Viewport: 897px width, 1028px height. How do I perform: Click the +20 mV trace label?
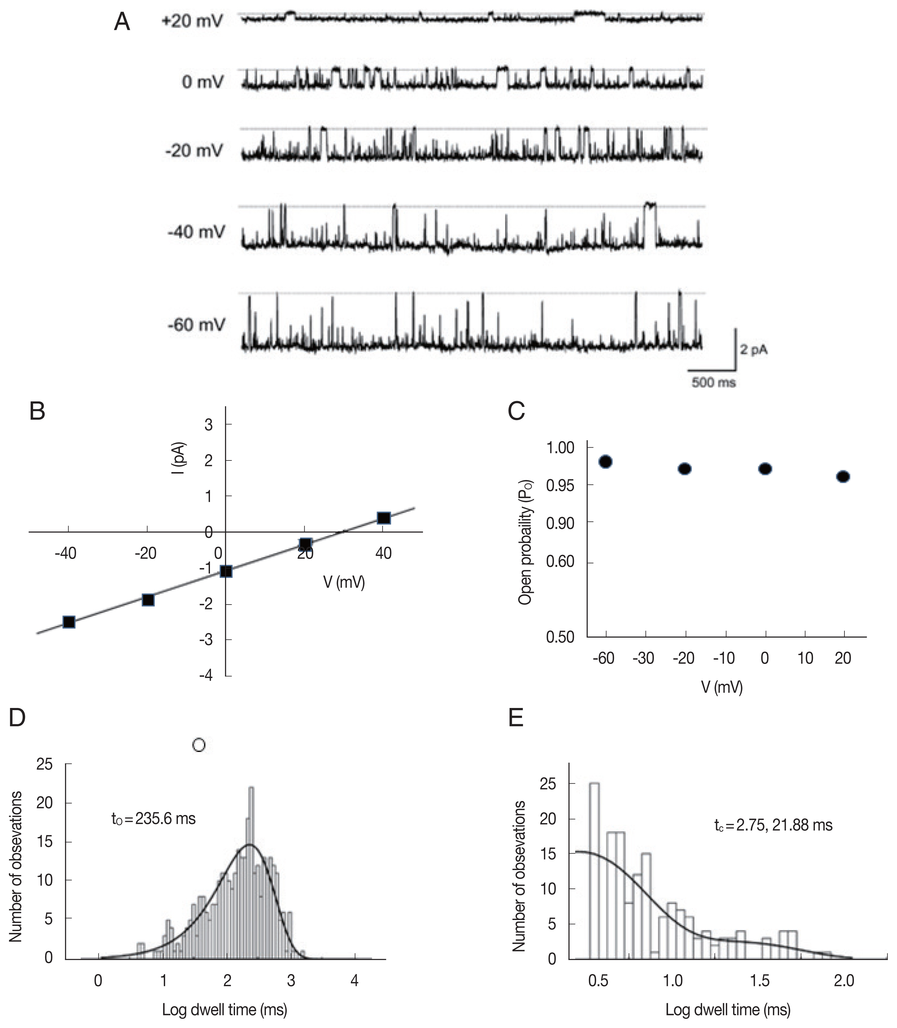pyautogui.click(x=192, y=21)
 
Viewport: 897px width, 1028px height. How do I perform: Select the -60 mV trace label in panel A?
pyautogui.click(x=196, y=325)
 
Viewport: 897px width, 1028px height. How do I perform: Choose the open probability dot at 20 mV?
pyautogui.click(x=844, y=476)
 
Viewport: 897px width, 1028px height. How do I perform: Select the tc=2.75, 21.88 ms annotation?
pyautogui.click(x=773, y=825)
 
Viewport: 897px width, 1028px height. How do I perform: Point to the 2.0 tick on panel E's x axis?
pyautogui.click(x=844, y=980)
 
